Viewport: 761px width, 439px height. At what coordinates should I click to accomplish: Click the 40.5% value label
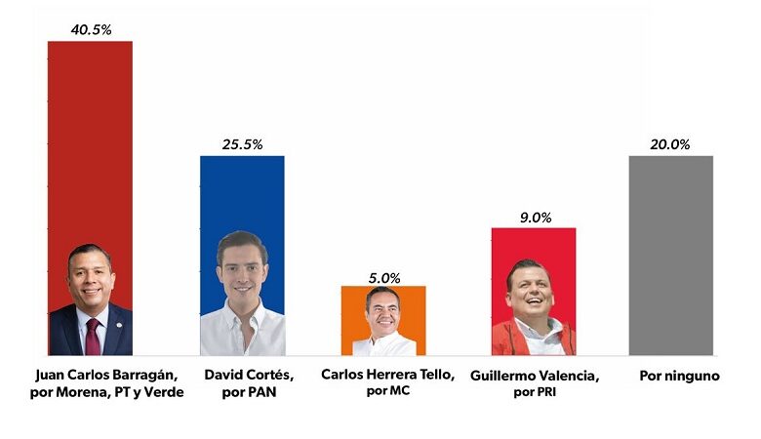click(x=91, y=30)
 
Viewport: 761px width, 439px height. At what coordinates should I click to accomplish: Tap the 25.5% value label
click(x=242, y=144)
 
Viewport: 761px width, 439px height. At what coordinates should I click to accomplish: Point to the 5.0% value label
click(x=383, y=278)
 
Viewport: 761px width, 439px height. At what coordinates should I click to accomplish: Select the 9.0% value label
click(x=536, y=218)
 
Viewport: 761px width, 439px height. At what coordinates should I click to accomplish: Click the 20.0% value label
click(x=669, y=144)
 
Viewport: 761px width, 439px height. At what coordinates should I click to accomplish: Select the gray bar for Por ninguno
click(x=670, y=256)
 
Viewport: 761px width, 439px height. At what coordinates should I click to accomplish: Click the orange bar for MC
click(x=383, y=321)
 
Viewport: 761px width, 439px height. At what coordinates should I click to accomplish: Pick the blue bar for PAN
click(x=242, y=256)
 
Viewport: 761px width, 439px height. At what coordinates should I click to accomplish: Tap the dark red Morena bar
click(x=90, y=198)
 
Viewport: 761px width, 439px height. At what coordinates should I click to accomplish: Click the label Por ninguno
click(x=679, y=376)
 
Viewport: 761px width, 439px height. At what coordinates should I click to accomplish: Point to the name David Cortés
click(x=249, y=375)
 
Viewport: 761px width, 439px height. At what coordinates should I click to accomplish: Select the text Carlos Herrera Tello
click(x=387, y=375)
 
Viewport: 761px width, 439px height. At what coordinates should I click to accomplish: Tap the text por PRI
click(x=535, y=392)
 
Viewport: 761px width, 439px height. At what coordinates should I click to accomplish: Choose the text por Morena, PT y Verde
click(x=106, y=392)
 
